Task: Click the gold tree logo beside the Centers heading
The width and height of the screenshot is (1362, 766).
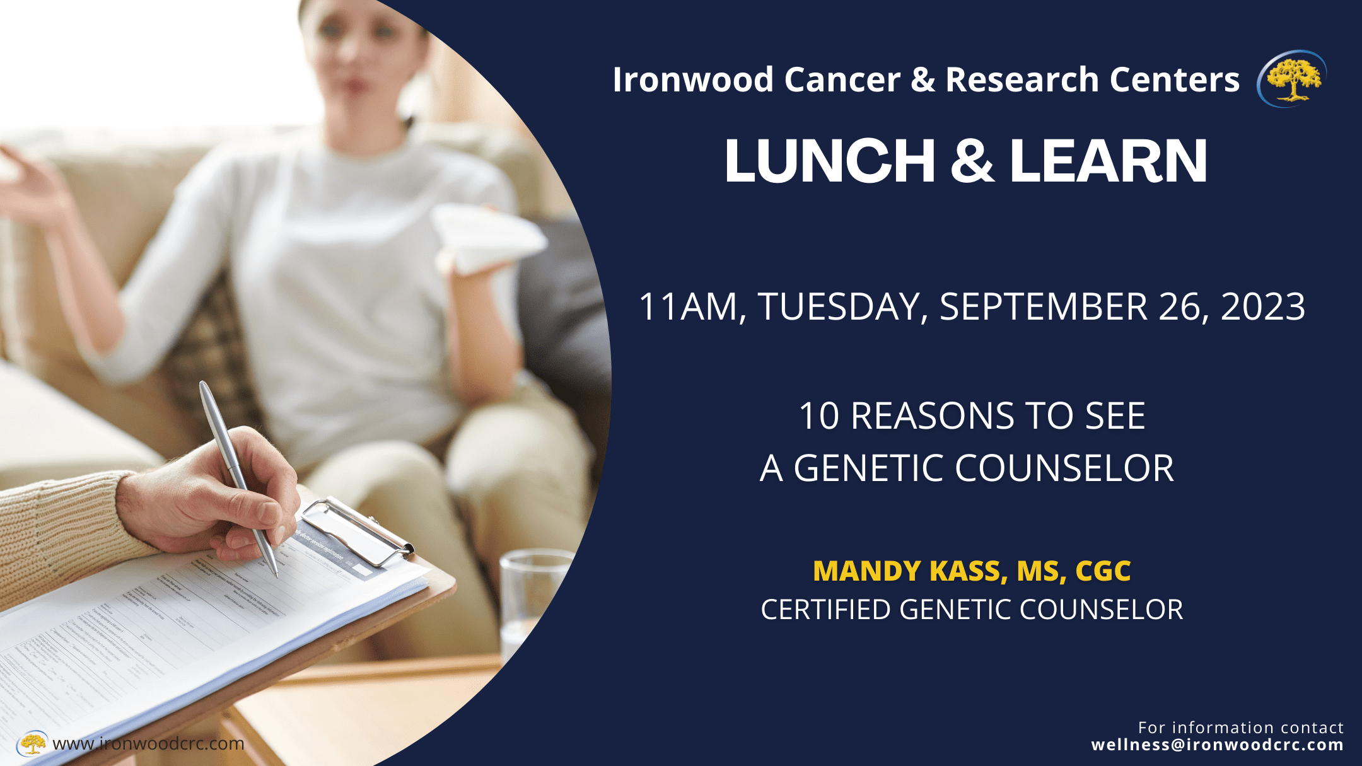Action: tap(1293, 79)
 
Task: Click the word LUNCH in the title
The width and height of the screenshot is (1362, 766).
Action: tap(829, 161)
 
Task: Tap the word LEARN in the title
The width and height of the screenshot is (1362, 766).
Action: tap(1109, 161)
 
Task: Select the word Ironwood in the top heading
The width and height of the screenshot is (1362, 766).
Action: tap(693, 80)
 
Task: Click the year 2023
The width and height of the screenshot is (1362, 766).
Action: tap(1262, 307)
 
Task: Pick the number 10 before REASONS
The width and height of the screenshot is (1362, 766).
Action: tap(818, 417)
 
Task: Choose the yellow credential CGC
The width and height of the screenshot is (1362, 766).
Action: tap(1103, 571)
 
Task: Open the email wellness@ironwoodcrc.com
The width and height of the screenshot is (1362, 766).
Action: tap(1217, 745)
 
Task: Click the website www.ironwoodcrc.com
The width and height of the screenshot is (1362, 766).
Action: tap(148, 744)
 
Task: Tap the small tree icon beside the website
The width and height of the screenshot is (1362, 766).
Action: tap(32, 743)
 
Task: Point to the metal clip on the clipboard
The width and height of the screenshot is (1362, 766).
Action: tap(357, 530)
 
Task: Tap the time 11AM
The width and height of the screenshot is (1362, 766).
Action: tap(688, 307)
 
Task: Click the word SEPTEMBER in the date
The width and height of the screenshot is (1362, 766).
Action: tap(1043, 307)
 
